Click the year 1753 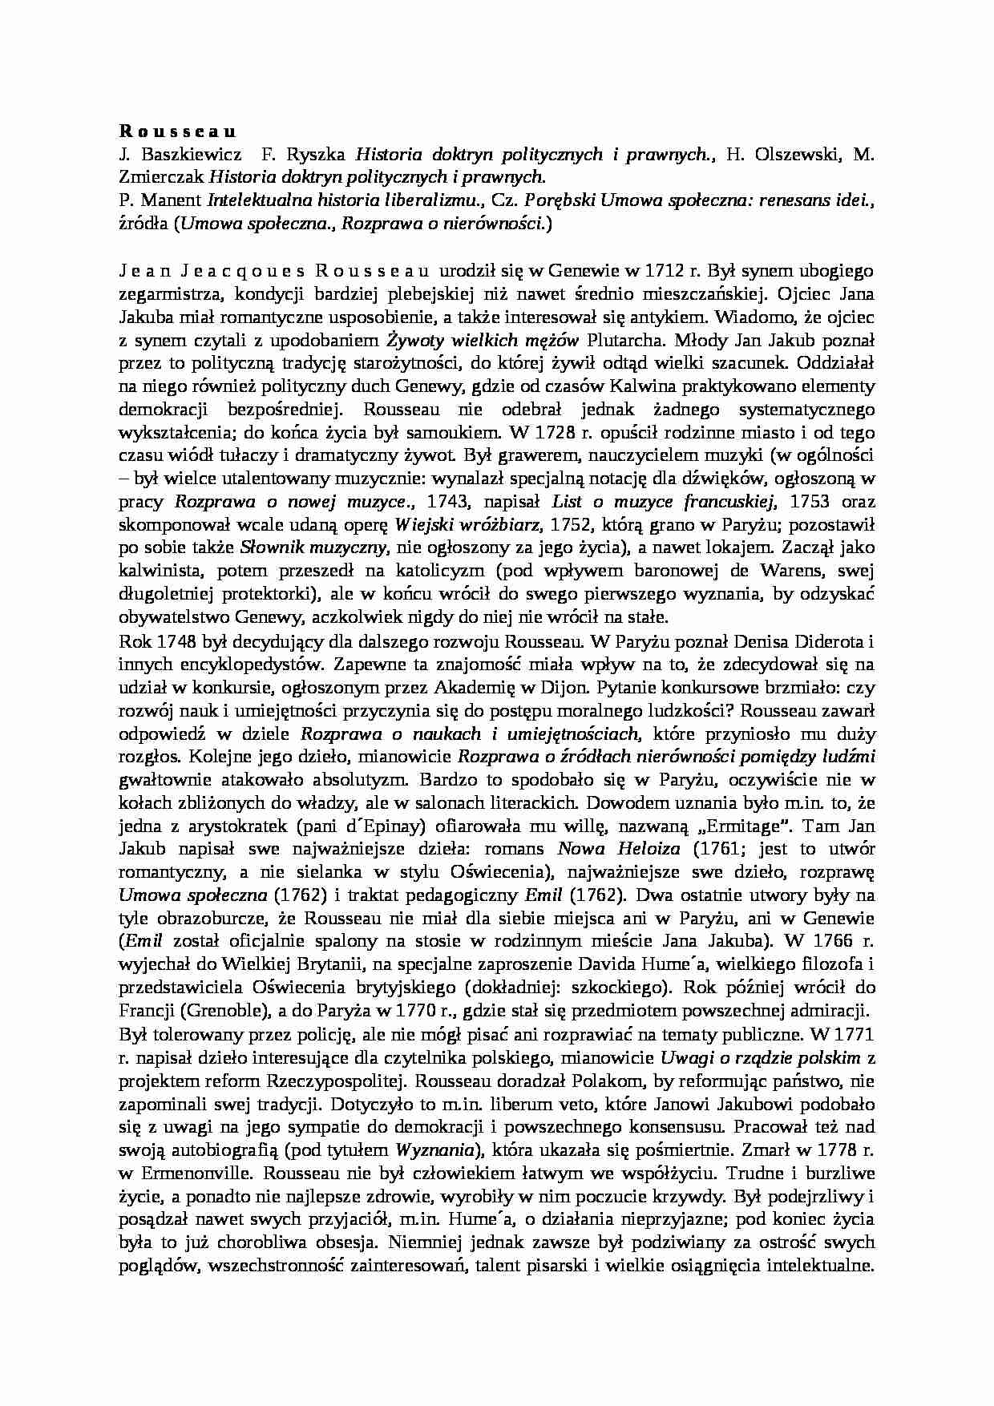[x=811, y=503]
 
